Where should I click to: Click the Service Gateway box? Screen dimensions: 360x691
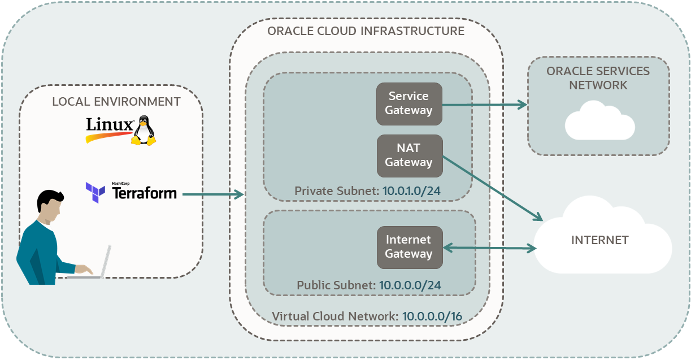point(409,103)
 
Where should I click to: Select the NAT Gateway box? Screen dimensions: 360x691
point(409,155)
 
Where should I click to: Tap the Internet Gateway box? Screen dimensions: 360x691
point(409,247)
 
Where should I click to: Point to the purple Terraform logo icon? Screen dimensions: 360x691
point(95,192)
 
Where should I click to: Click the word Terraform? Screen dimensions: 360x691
point(145,193)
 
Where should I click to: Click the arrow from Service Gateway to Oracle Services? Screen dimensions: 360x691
point(483,105)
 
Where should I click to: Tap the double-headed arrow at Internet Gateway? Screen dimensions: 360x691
point(489,248)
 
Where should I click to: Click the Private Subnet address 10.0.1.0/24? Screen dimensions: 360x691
point(411,191)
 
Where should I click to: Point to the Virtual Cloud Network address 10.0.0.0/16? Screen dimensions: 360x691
point(432,316)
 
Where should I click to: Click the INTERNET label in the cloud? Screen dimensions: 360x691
point(599,240)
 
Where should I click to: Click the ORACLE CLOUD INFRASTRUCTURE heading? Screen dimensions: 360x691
point(366,31)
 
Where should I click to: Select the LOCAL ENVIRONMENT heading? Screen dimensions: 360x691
point(116,102)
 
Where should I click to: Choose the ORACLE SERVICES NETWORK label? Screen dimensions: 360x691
point(598,78)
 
